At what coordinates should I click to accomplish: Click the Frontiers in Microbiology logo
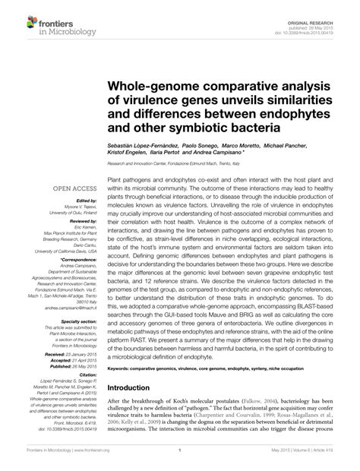[49, 24]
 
